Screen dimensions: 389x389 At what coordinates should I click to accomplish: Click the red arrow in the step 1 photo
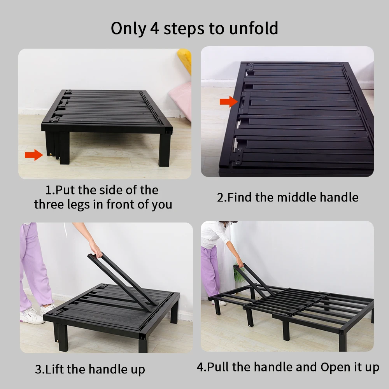pos(34,155)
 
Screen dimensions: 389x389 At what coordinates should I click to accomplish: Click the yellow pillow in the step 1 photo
pos(185,60)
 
